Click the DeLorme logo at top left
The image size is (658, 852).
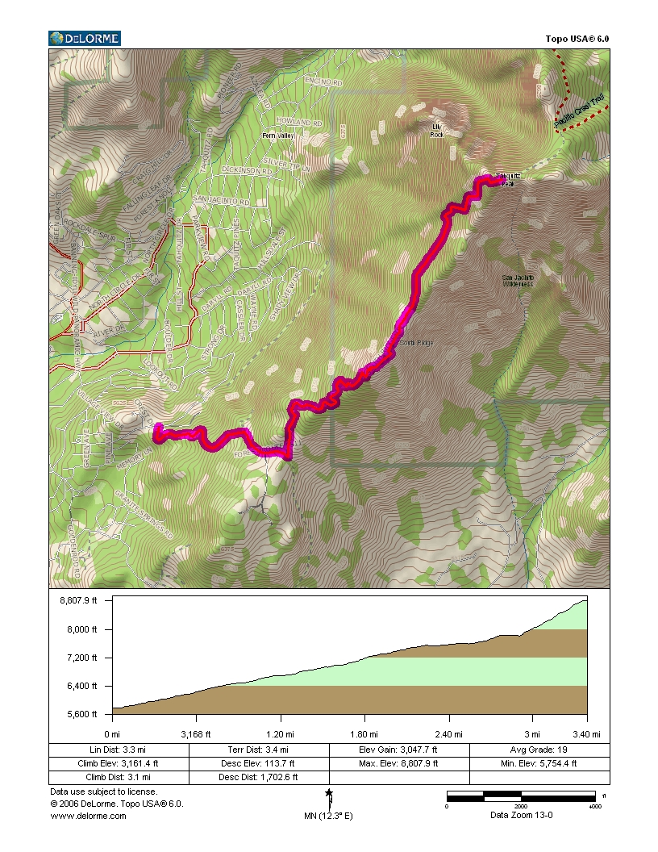pos(85,38)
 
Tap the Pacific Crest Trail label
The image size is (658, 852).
pos(580,112)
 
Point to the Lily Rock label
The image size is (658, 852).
pos(438,131)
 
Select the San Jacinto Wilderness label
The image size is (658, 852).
pos(518,280)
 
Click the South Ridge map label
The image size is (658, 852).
pos(417,343)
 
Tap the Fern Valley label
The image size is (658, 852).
pos(279,136)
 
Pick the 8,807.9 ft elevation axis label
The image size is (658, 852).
pos(78,599)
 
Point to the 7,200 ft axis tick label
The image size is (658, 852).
pos(83,658)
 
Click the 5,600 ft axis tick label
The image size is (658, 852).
pos(83,714)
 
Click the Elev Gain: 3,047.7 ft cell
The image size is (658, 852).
pos(399,750)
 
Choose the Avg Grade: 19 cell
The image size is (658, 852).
pos(539,750)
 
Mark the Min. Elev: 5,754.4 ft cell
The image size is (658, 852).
pos(539,763)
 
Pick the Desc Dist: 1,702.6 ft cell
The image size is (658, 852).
pos(259,778)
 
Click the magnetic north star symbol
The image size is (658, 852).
pos(329,794)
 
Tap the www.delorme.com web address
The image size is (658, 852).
pos(89,816)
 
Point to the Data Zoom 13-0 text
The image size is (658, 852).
pos(521,815)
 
